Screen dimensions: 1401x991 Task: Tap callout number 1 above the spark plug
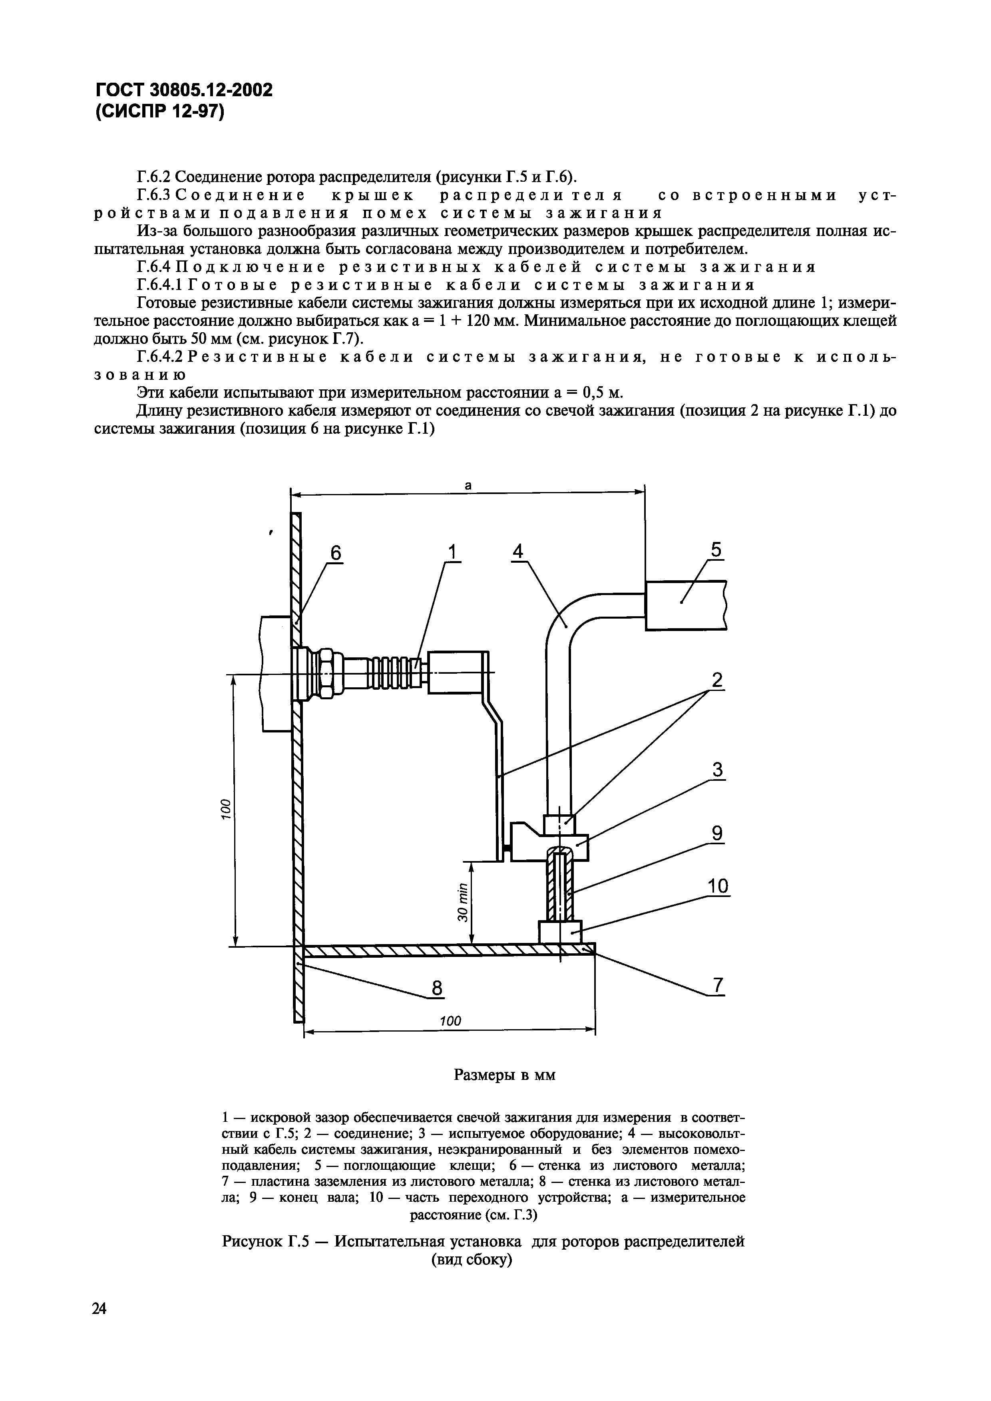tap(452, 552)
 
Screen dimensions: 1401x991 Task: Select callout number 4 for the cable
tap(518, 551)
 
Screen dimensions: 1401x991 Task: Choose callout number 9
tap(717, 833)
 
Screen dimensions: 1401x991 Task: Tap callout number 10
tap(718, 885)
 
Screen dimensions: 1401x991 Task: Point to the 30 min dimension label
tap(463, 903)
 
